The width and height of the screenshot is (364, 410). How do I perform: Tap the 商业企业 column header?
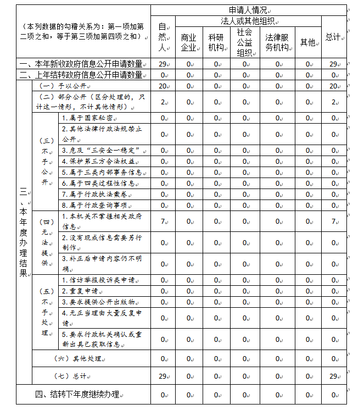188,42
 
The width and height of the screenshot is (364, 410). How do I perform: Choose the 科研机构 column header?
216,42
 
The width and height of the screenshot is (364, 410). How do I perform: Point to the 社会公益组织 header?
244,42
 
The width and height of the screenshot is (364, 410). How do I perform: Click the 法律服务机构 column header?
277,42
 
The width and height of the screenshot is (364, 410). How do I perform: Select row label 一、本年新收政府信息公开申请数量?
81,64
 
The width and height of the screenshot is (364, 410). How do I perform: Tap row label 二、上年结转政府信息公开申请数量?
81,75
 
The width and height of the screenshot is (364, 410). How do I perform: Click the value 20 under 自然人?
163,86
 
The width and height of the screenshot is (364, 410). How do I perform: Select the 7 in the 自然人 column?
163,221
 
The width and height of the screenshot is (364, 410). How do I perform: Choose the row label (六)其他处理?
79,359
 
